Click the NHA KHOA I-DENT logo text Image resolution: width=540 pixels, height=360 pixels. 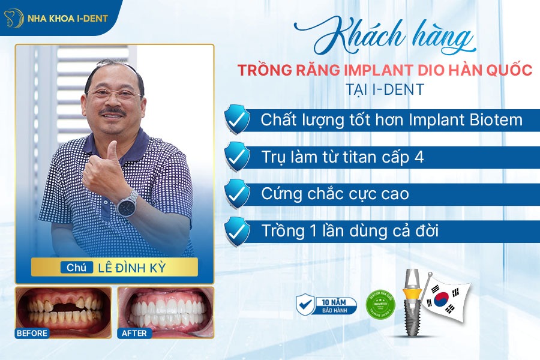tap(67, 18)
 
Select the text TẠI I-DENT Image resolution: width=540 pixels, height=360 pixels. tap(385, 89)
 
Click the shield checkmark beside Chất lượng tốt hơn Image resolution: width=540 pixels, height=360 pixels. tap(237, 119)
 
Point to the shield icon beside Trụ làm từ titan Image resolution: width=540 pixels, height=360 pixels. tap(237, 157)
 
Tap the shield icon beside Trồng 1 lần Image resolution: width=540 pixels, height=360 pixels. tap(237, 230)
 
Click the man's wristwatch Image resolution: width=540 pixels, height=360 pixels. tap(127, 203)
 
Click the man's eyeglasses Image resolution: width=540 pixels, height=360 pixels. tap(114, 93)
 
